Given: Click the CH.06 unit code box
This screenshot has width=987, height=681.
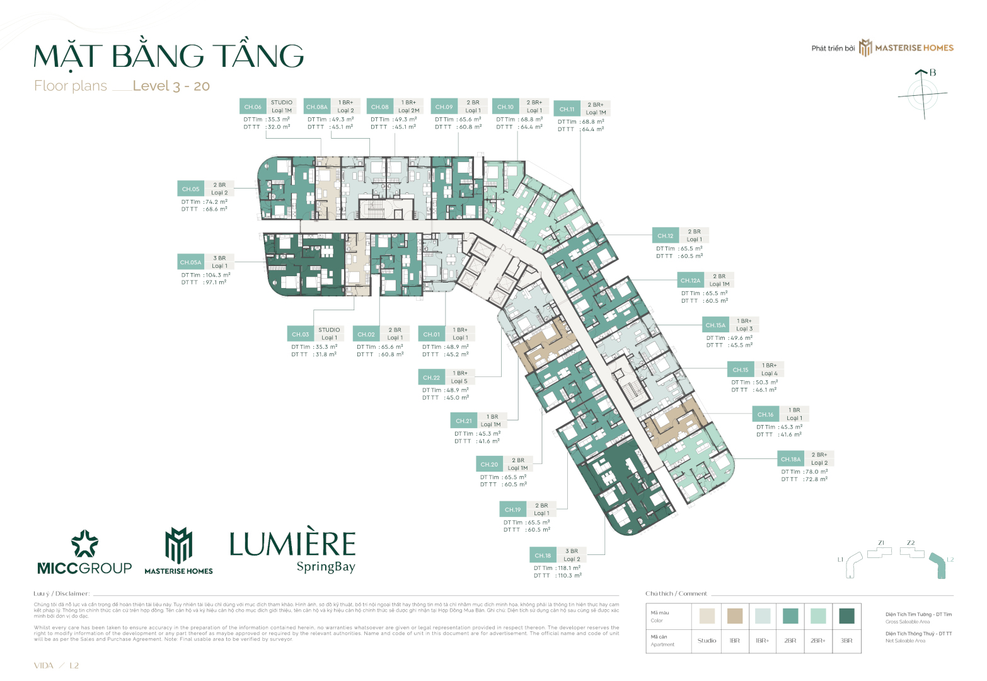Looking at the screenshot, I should click(x=253, y=107).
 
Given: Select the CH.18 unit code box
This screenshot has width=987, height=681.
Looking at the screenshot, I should click(x=543, y=556).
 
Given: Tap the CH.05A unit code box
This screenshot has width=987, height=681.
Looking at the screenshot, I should click(x=190, y=262).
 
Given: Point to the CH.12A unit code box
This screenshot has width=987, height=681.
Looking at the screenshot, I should click(x=690, y=281).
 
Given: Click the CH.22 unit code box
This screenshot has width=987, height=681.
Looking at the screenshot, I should click(x=432, y=377).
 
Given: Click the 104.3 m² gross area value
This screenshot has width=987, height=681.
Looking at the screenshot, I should click(x=218, y=275).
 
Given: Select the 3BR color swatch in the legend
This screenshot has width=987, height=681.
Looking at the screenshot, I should click(x=846, y=615).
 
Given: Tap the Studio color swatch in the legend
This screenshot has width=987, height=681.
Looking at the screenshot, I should click(x=707, y=615).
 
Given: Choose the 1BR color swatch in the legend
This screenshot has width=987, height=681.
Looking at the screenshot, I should click(x=734, y=615).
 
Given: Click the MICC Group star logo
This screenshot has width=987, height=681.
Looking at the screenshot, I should click(x=84, y=544).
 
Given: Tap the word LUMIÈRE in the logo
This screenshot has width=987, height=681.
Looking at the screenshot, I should click(x=292, y=544).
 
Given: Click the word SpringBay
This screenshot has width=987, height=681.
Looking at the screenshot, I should click(x=326, y=567).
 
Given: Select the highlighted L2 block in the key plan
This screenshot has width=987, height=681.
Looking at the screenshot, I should click(x=940, y=566).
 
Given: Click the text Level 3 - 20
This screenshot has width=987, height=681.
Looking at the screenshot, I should click(x=171, y=86).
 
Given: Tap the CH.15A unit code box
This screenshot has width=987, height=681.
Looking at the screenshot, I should click(x=715, y=325).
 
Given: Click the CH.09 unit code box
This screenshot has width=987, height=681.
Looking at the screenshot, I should click(x=444, y=107).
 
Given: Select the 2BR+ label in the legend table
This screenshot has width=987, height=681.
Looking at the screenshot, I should click(x=818, y=641).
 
